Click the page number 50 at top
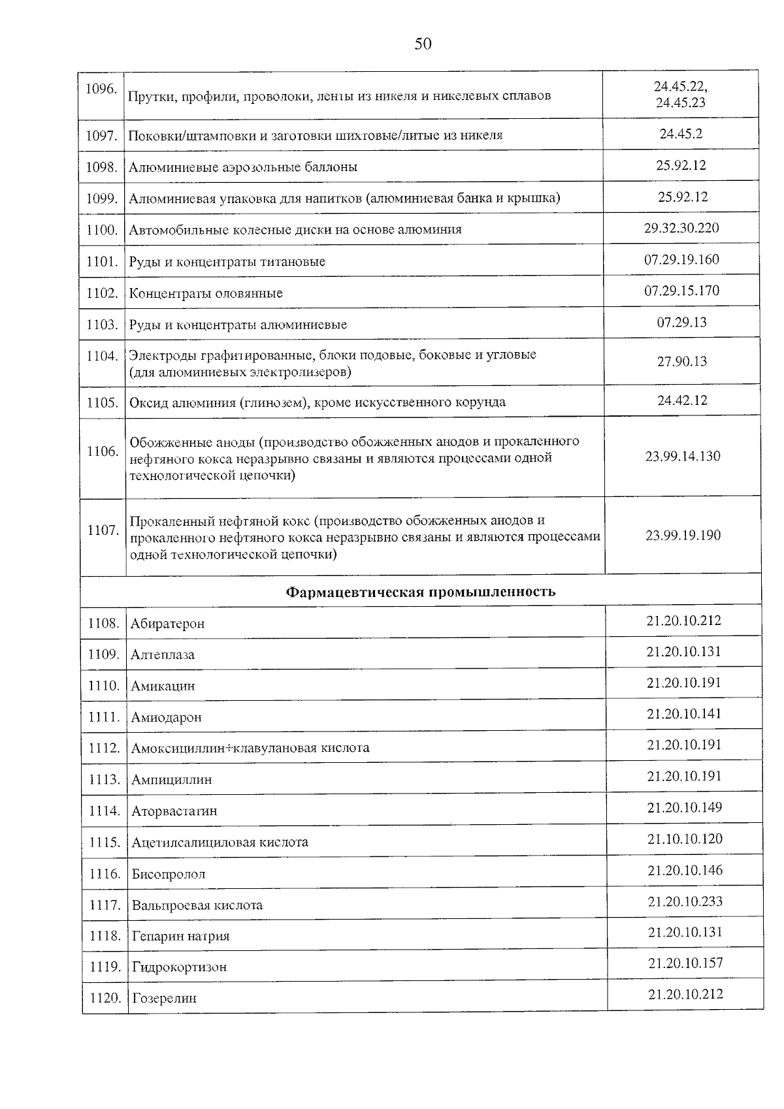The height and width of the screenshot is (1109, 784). (423, 44)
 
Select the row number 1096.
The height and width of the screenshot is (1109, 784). (101, 89)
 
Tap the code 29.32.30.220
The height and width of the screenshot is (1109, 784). (681, 228)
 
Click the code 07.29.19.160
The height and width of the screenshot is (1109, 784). (681, 259)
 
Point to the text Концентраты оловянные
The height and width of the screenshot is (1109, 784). (206, 293)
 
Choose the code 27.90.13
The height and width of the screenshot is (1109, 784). (681, 362)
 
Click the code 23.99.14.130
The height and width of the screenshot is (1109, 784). (683, 456)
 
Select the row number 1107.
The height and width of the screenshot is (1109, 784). (103, 530)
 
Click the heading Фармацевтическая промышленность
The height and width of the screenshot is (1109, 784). (421, 592)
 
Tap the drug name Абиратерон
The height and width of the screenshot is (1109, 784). (168, 624)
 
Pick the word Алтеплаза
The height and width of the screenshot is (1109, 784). (163, 655)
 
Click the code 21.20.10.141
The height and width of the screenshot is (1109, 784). (684, 714)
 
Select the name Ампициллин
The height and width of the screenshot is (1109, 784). (172, 780)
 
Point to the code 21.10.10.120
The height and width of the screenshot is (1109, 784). (685, 839)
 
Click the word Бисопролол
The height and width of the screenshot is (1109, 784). (169, 875)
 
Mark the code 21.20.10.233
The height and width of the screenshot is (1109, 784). (685, 901)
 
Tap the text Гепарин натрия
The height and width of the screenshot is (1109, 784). (181, 937)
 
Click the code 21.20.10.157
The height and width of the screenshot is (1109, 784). (685, 963)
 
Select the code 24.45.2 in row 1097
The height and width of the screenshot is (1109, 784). (681, 134)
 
